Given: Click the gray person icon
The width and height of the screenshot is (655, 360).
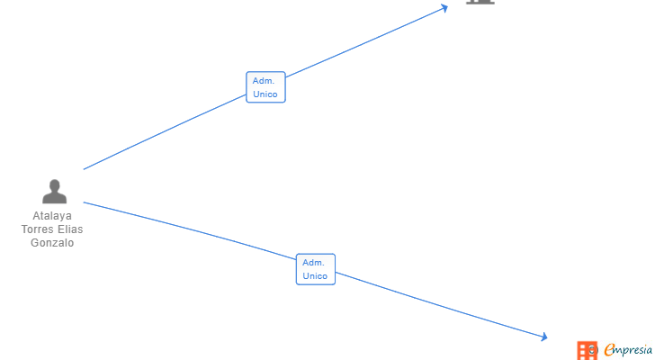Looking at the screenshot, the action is point(54,192).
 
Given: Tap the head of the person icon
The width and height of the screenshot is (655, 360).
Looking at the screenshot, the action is point(54,185).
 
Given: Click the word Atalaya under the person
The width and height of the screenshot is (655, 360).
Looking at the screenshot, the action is point(52,216).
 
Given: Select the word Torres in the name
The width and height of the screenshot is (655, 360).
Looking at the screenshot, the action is point(38,229).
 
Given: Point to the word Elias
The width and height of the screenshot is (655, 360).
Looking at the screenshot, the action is point(70,229).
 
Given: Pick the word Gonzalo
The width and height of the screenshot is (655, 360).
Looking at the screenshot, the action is point(52,243).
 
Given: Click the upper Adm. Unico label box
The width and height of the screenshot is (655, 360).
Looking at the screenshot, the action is point(265,87).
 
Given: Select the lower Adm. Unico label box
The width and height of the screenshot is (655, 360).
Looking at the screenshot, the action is point(316,269).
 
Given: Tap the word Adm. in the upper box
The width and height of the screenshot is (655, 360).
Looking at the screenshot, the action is point(264,81).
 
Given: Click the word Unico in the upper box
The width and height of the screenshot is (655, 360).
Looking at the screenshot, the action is point(265,94).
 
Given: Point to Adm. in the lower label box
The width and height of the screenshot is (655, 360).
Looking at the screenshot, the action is point(313,263).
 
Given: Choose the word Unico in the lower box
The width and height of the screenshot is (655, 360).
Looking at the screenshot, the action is point(316,276).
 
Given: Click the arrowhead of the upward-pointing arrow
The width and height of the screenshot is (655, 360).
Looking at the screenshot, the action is point(444,8).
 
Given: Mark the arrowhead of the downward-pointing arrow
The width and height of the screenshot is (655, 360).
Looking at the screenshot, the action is point(543,337).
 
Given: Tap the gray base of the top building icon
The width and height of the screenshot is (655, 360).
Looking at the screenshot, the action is point(480,2).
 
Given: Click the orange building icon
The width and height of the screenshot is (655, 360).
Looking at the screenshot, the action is point(587,350).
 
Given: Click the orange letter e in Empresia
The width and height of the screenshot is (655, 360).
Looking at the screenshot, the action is point(610,349).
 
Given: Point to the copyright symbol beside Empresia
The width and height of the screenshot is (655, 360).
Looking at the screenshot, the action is point(594,349).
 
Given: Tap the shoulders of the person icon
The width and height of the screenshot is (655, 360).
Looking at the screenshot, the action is point(54,198).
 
